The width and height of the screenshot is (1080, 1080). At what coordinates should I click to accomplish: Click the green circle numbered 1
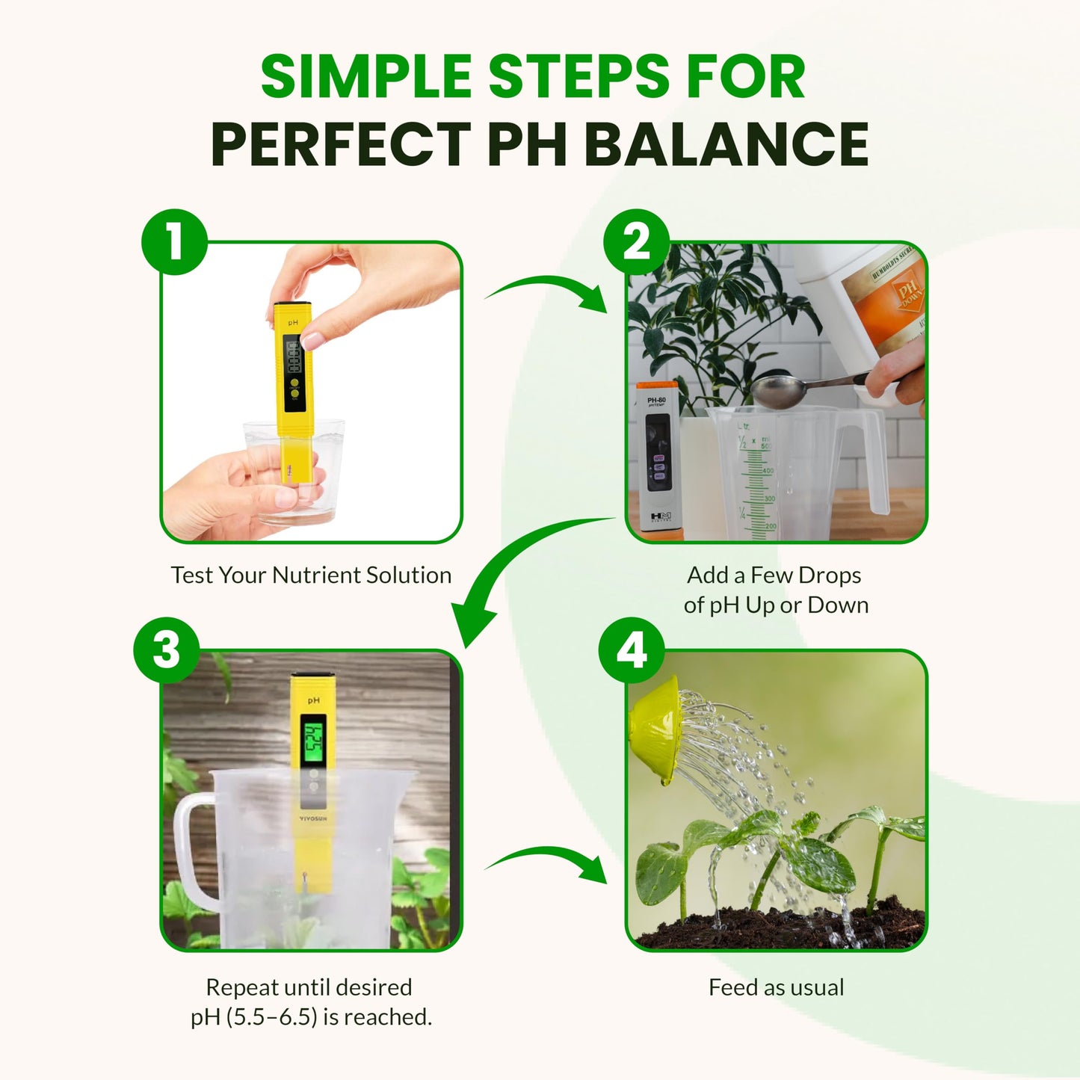pos(174,241)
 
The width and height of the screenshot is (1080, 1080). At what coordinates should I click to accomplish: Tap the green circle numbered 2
pos(636,241)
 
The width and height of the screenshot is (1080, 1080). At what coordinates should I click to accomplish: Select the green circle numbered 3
pos(167,649)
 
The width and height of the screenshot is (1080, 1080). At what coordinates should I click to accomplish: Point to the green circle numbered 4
pos(632,649)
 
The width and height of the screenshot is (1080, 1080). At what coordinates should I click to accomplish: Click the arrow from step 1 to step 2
pos(549,292)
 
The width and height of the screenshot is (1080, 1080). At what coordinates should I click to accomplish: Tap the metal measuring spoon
pos(777,391)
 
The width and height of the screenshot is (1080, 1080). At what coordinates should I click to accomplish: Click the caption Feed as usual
pos(776,987)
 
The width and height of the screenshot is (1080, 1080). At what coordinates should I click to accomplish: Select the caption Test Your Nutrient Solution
pos(311,575)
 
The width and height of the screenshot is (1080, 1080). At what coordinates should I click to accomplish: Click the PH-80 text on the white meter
pos(656,400)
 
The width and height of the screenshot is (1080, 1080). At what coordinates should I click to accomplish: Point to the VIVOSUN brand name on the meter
pos(313,818)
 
